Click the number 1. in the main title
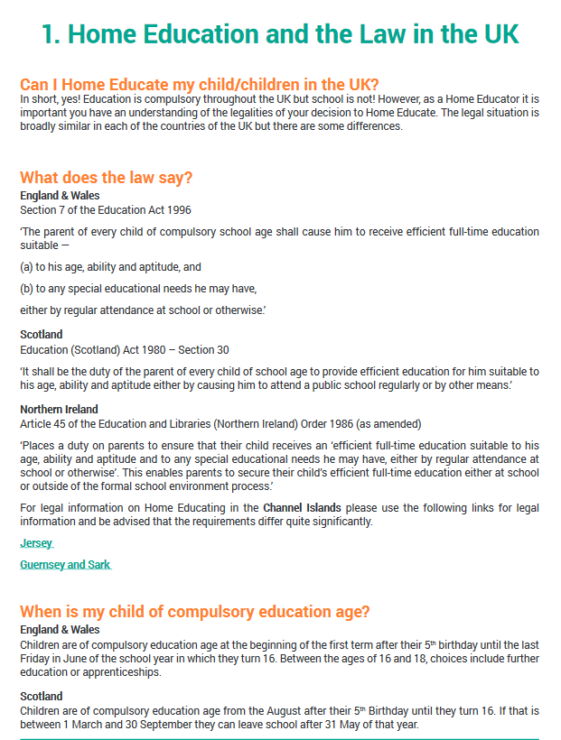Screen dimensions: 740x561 [x=51, y=34]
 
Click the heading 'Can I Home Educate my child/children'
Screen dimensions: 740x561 [x=199, y=83]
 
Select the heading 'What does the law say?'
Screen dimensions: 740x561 [x=106, y=178]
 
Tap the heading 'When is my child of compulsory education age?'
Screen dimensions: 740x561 [x=194, y=612]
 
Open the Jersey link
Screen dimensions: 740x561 [x=36, y=543]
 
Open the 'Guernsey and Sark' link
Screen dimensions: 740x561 [x=65, y=565]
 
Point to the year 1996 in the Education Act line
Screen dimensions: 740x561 [x=179, y=210]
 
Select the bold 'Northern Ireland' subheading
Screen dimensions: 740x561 [x=58, y=410]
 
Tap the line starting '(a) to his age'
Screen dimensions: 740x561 [x=110, y=267]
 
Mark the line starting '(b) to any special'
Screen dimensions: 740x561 [x=138, y=289]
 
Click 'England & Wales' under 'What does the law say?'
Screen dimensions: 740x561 [x=60, y=195]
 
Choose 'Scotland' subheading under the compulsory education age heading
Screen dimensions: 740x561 [x=42, y=697]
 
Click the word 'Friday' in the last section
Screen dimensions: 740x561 [x=34, y=658]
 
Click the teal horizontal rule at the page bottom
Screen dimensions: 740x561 [x=280, y=739]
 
